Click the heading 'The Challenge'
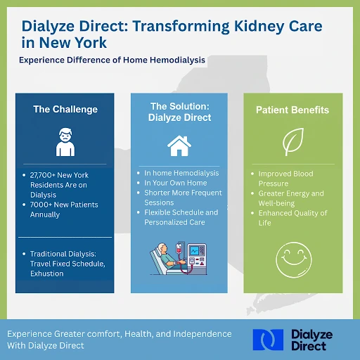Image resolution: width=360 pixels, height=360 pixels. tap(65, 109)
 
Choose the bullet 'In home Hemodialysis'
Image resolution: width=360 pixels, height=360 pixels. tap(181, 173)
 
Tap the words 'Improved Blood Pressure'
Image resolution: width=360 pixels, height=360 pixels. tap(285, 179)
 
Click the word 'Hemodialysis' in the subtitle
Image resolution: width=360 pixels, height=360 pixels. tap(175, 60)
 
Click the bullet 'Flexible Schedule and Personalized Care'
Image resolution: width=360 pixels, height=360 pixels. tap(181, 217)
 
